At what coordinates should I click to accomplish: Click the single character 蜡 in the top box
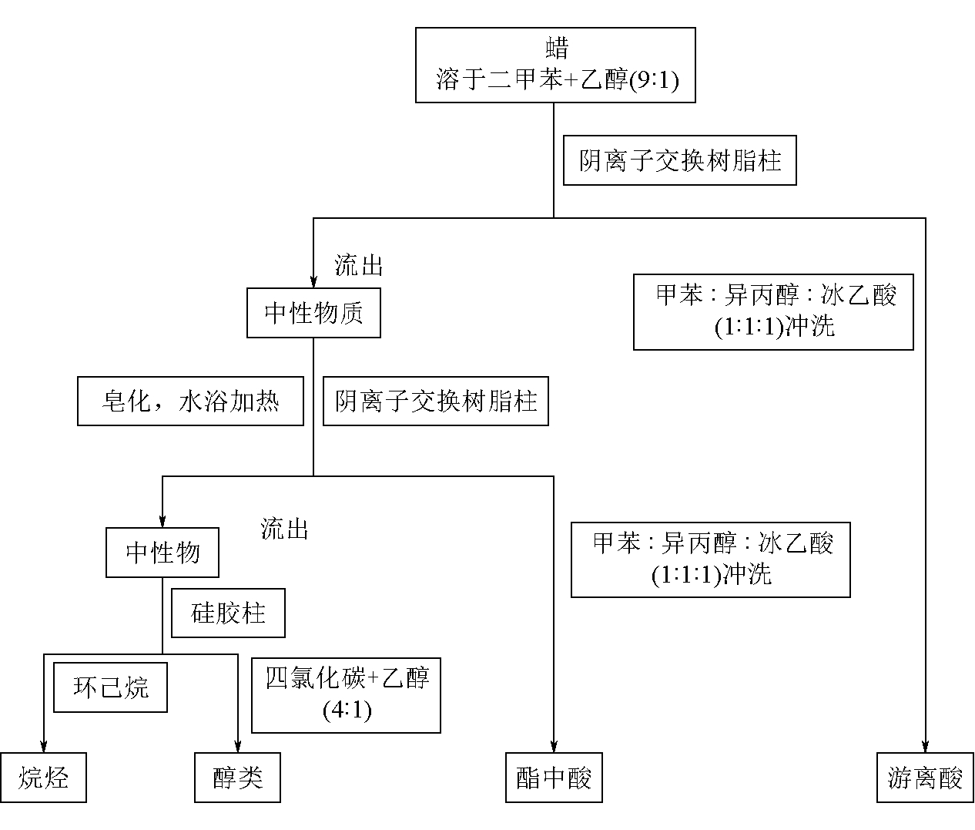point(557,48)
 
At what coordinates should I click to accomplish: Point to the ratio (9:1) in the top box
point(655,79)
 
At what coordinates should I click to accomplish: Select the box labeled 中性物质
point(313,313)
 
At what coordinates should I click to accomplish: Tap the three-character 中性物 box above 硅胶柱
point(162,553)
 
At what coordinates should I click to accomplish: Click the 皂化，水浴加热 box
point(190,402)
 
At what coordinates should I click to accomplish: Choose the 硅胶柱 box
point(228,613)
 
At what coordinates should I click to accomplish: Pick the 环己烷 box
point(110,687)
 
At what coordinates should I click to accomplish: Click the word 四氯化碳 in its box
point(316,678)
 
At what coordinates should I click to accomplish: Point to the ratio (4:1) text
point(347,710)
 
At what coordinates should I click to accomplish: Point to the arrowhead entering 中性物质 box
point(313,282)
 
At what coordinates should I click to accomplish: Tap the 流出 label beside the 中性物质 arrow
point(358,265)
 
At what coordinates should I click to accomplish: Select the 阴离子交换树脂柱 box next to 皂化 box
point(436,402)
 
